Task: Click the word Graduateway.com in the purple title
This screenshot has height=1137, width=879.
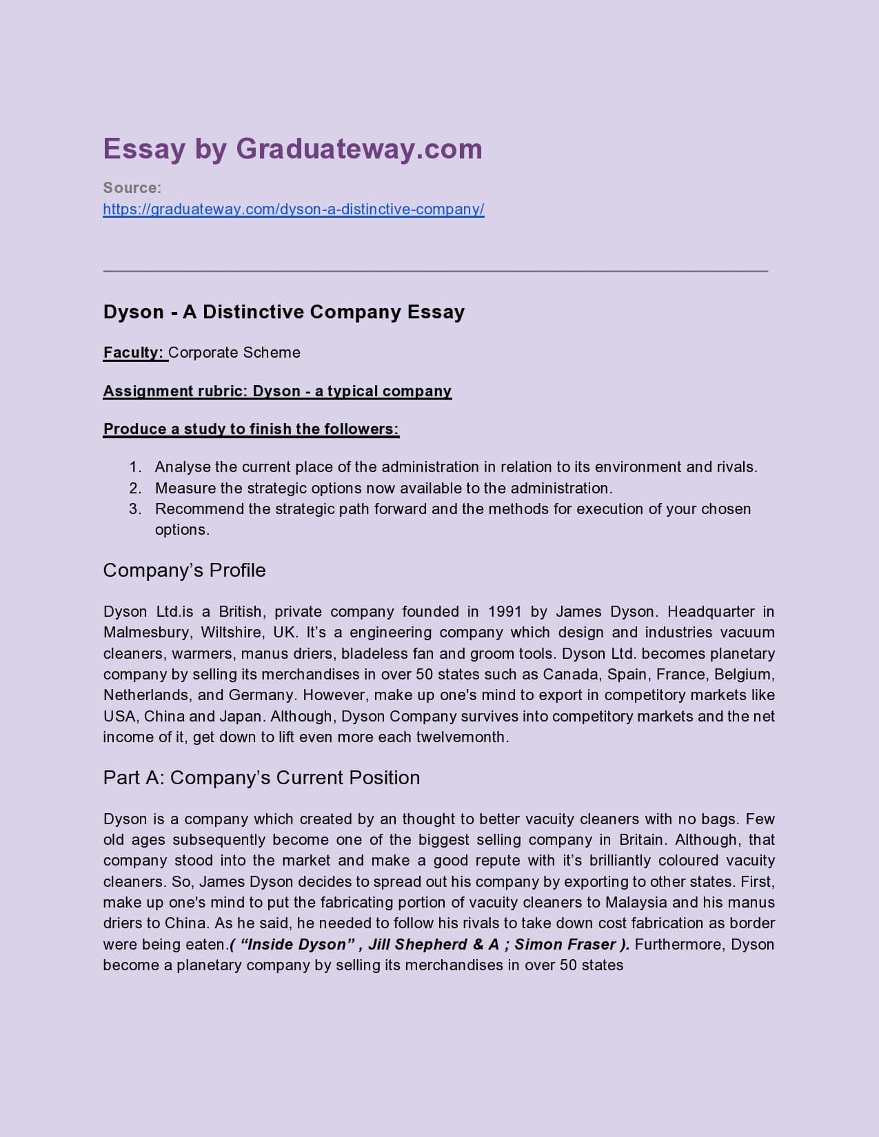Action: coord(358,149)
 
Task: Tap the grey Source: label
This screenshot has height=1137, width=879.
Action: coord(132,187)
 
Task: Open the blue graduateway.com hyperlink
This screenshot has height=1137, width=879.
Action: coord(294,209)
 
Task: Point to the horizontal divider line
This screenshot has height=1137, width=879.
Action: coord(435,272)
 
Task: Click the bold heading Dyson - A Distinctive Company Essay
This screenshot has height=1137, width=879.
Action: coord(283,312)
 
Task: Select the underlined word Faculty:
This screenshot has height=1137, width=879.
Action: coord(134,353)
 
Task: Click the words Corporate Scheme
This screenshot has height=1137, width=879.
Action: coord(234,353)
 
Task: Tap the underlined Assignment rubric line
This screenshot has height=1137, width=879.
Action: coord(277,391)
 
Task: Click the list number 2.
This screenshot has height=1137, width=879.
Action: coord(135,489)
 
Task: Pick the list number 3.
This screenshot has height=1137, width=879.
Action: coord(135,509)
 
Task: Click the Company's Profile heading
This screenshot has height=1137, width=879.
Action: coord(184,571)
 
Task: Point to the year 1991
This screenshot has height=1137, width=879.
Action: coord(505,612)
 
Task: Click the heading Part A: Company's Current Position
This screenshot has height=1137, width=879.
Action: coord(261,778)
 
